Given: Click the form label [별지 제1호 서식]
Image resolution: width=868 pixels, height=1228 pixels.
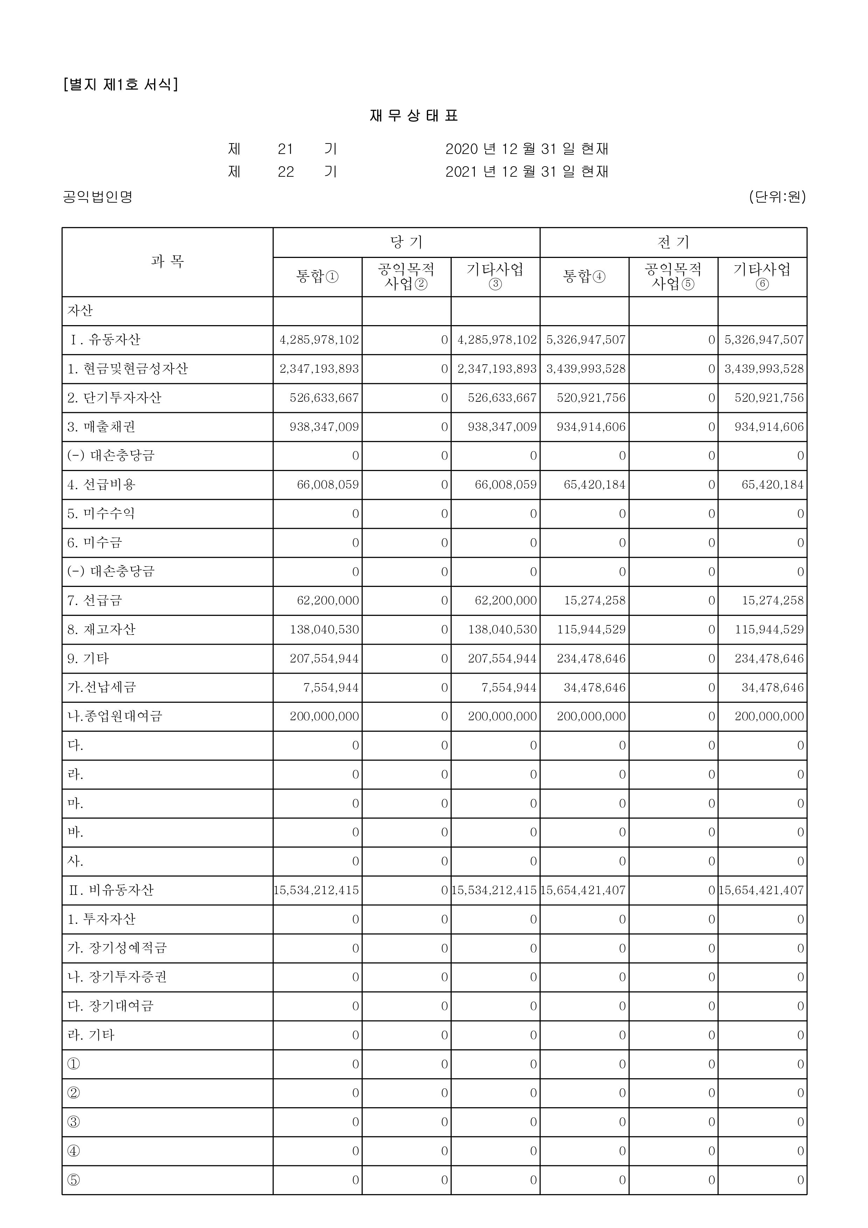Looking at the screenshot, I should coord(120,84).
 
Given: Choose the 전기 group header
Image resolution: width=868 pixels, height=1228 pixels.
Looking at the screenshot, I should coord(673,242).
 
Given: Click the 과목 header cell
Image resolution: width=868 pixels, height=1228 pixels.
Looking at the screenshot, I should coord(167,261).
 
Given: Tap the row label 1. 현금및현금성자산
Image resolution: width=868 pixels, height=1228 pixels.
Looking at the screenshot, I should coord(127,369).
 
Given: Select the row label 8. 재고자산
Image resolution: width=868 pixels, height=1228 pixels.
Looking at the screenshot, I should coord(102,629).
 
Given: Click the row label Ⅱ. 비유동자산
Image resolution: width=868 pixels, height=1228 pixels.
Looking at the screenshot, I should coord(111,890).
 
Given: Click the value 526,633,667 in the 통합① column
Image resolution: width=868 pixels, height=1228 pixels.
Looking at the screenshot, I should coord(324,398).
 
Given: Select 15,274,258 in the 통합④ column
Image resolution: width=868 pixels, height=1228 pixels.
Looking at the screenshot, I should coord(595,601).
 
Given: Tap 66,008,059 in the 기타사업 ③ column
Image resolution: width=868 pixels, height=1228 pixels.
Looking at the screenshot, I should coord(506,485).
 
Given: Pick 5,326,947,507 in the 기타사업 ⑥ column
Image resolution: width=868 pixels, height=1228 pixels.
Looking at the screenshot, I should coord(764,339).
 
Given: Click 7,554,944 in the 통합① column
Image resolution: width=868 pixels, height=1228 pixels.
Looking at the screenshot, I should coord(331,687).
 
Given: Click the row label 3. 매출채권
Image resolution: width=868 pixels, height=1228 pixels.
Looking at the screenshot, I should coord(101,427).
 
